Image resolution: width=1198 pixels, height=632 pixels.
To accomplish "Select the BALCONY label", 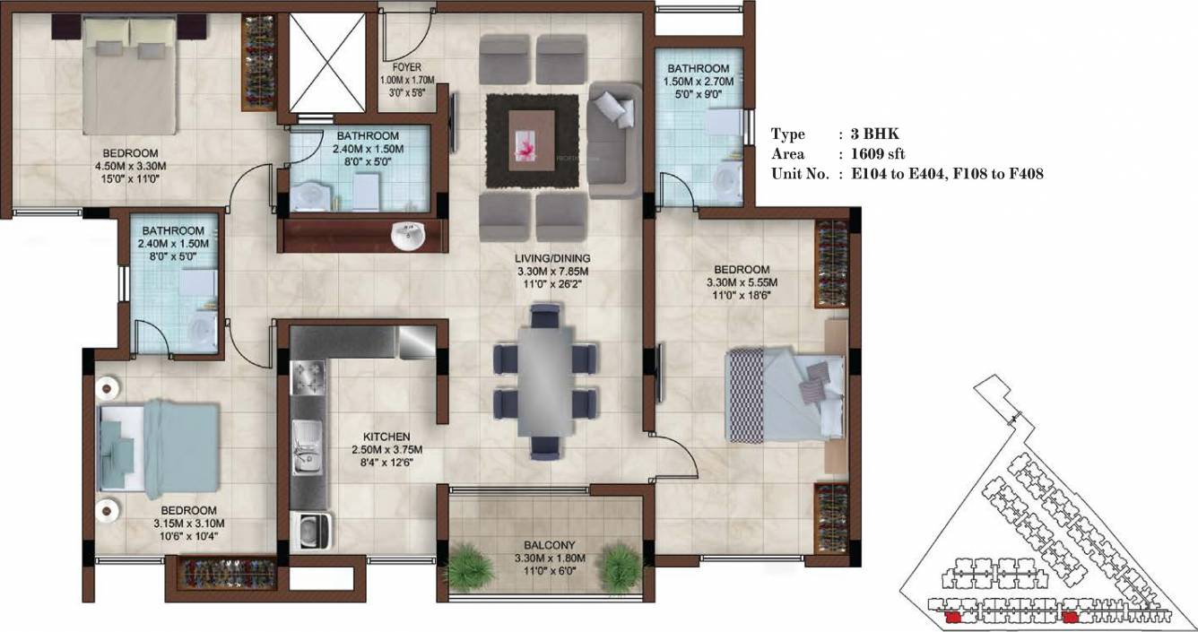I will (x=551, y=545).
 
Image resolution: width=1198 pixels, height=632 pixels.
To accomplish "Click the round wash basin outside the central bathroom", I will (x=408, y=236).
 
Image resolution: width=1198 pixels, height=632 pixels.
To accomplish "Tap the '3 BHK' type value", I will (x=867, y=134).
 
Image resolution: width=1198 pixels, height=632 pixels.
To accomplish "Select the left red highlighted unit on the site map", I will (x=953, y=617).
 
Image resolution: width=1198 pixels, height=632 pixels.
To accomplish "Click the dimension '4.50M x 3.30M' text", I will (x=130, y=166).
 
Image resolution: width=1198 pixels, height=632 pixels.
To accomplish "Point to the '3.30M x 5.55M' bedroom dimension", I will (x=741, y=282).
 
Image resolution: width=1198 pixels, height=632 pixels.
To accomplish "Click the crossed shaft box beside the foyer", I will (x=324, y=61).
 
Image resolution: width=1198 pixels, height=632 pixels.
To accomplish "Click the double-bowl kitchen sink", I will (x=305, y=446).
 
